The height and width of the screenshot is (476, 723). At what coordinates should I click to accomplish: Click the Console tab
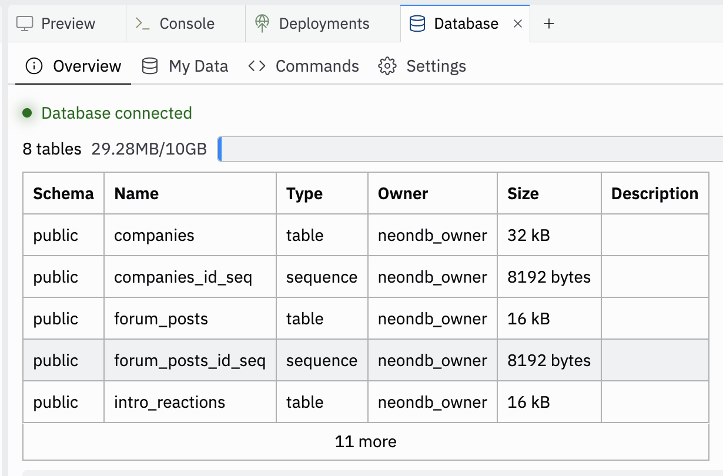176,24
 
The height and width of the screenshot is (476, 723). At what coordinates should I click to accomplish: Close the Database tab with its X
518,24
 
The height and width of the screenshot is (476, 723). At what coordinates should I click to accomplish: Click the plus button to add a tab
548,24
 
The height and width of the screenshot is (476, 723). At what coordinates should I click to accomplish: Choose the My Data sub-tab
185,66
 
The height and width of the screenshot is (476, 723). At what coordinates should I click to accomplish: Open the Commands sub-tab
303,66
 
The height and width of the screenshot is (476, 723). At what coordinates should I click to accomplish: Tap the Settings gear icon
387,66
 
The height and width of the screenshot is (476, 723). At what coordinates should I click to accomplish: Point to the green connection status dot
27,113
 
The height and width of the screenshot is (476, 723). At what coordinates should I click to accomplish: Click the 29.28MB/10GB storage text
149,149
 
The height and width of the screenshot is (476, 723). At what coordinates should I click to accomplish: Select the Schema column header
63,193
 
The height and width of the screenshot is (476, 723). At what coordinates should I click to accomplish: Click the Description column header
655,193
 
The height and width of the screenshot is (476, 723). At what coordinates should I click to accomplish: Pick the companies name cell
154,236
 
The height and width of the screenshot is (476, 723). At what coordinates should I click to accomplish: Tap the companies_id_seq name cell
183,277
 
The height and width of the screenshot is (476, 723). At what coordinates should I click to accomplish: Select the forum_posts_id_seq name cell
189,360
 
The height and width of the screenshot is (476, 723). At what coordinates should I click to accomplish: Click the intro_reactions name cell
169,402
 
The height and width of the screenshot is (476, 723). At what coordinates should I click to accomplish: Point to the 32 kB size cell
528,236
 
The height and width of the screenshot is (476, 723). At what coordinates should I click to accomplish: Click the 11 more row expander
366,441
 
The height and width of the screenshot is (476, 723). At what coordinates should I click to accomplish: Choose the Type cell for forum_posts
305,319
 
